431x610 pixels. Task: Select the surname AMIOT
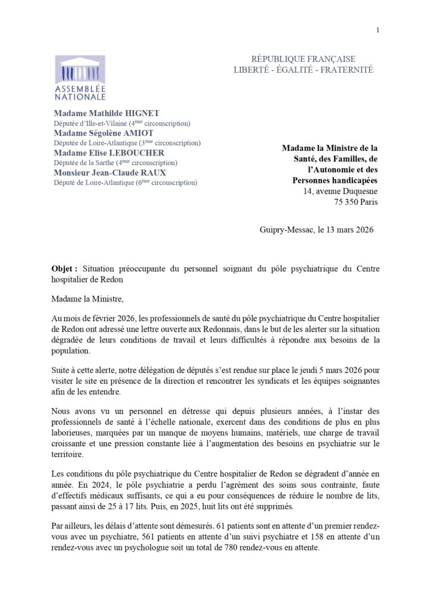pyautogui.click(x=140, y=133)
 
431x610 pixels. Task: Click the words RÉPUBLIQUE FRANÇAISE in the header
pyautogui.click(x=304, y=59)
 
